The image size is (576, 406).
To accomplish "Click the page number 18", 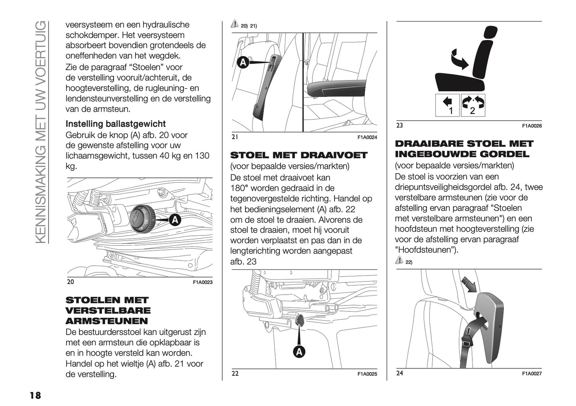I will [35, 395].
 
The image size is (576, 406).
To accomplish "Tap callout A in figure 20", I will [175, 220].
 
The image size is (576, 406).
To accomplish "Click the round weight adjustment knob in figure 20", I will [139, 218].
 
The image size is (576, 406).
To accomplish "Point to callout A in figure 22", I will [299, 351].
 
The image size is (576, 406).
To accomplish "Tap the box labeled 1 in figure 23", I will [447, 106].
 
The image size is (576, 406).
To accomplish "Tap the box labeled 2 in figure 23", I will [473, 106].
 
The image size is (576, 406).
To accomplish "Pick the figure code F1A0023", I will [202, 282].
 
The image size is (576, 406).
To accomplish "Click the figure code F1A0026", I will [532, 126].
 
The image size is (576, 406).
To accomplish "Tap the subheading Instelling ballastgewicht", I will [116, 124].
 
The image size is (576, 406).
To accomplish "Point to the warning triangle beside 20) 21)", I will [235, 25].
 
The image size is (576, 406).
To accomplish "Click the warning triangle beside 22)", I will [399, 261].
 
